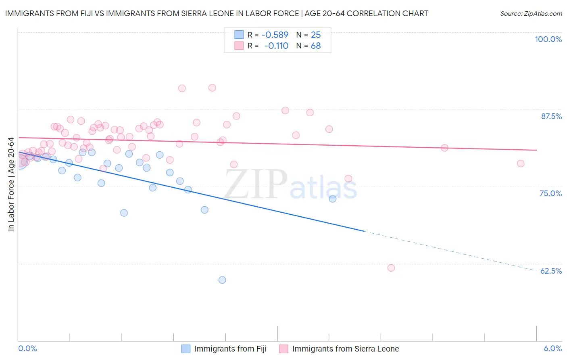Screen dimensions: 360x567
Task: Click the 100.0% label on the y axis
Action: [548, 39]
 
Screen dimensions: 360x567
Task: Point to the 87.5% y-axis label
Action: [551, 116]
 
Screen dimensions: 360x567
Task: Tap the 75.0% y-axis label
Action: [550, 193]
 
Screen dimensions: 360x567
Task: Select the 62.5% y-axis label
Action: [551, 271]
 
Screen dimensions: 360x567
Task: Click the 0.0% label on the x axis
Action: [27, 348]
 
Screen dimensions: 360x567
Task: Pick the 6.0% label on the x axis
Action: [552, 348]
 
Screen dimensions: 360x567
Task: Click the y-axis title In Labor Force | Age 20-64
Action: [11, 184]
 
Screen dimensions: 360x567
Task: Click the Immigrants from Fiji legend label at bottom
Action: [230, 349]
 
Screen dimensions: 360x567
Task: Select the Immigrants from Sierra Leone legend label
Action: [345, 349]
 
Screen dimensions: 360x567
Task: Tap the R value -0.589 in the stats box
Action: [275, 35]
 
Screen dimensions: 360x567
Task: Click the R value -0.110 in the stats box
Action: [276, 46]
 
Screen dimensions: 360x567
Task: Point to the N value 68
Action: [316, 46]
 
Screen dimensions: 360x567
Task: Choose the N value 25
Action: [316, 35]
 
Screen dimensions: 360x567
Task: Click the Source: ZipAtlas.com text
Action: [531, 14]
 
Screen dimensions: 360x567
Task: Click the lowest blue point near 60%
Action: [222, 280]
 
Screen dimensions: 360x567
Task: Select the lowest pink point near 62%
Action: [391, 268]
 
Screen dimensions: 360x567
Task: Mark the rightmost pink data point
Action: [521, 163]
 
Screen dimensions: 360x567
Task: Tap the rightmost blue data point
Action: [333, 199]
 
